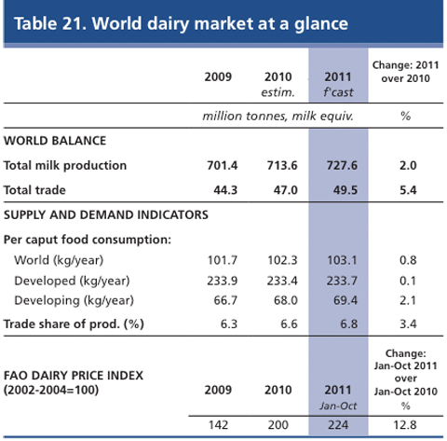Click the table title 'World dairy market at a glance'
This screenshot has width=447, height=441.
coord(220,23)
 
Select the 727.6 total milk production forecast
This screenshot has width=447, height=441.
coord(342,165)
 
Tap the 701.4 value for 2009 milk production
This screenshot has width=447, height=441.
coord(223,165)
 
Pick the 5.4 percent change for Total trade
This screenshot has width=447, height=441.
coord(408,190)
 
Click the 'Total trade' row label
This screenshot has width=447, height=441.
coord(34,190)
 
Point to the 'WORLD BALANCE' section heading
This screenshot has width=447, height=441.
coord(55,141)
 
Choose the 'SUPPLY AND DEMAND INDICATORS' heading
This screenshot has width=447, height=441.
coord(106,214)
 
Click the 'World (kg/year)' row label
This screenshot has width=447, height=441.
coord(59,260)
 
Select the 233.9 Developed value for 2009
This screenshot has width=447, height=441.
coord(223,281)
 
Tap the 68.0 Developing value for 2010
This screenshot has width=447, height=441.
coord(286,300)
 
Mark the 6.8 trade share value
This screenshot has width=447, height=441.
coord(349,324)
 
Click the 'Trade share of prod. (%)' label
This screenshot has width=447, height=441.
coord(74,324)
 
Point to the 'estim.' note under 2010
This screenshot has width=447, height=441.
coord(278,92)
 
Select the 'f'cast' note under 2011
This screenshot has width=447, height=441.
coord(338,92)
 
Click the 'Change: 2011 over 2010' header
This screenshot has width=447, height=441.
coord(405,72)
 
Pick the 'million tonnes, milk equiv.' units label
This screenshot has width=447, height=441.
coord(278,117)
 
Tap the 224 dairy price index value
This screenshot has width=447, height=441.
coord(338,425)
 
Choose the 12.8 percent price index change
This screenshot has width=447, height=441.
coord(405,425)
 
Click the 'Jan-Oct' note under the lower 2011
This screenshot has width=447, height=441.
coord(338,406)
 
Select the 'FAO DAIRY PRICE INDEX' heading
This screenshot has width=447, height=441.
coord(74,376)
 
